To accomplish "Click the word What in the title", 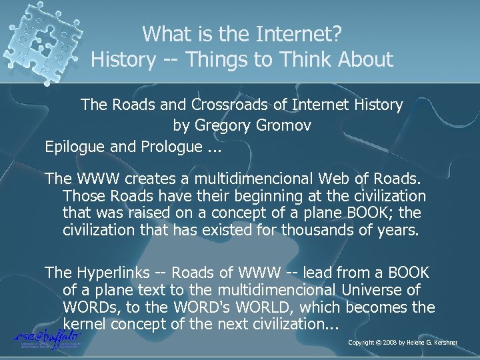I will [165, 33].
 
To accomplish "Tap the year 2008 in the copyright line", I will [392, 343].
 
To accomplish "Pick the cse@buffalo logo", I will [47, 337].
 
